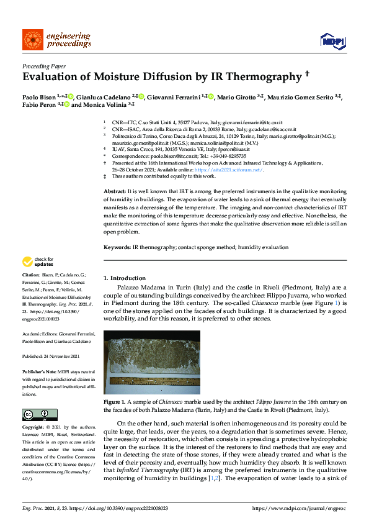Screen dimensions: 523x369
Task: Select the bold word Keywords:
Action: pos(117,247)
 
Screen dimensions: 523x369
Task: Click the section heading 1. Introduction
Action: pos(125,278)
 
